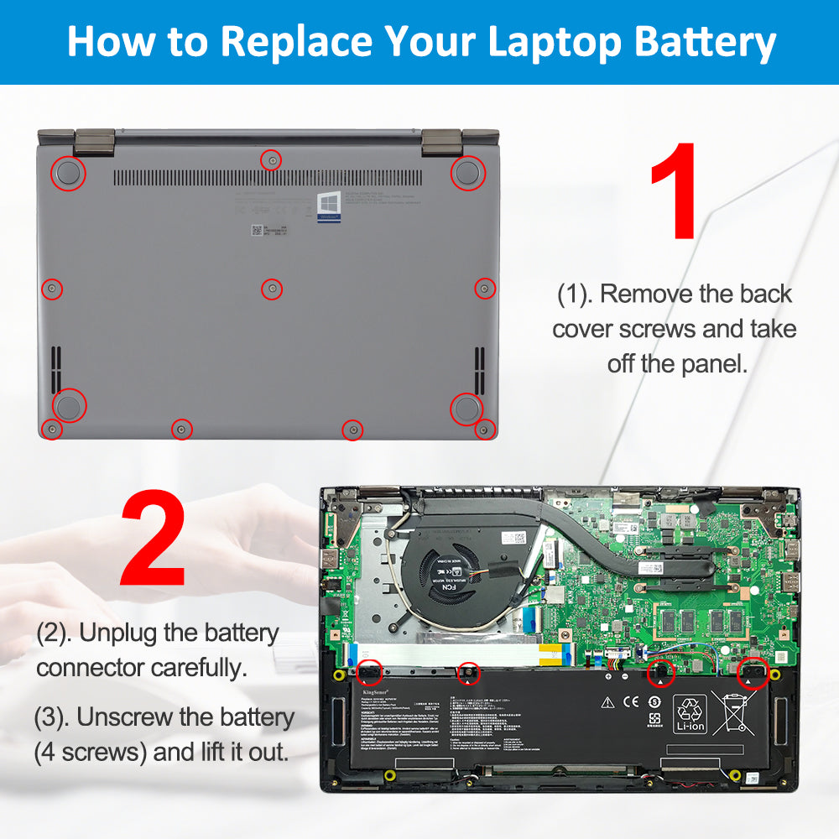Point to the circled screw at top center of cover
click(x=270, y=159)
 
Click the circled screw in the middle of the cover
click(x=271, y=289)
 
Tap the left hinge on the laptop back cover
click(x=93, y=141)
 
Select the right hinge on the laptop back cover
click(x=442, y=141)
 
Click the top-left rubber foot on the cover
click(x=69, y=173)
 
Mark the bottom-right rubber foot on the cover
click(x=466, y=408)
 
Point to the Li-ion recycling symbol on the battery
click(x=690, y=714)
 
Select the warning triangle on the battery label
click(x=607, y=701)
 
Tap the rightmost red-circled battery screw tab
click(x=753, y=671)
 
